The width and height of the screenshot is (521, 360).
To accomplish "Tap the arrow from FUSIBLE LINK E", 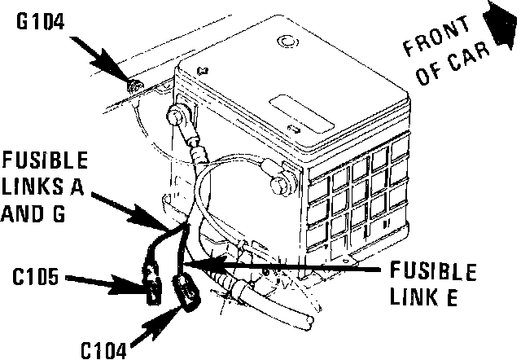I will (277, 262).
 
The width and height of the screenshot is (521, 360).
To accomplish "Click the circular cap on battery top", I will (287, 42).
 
